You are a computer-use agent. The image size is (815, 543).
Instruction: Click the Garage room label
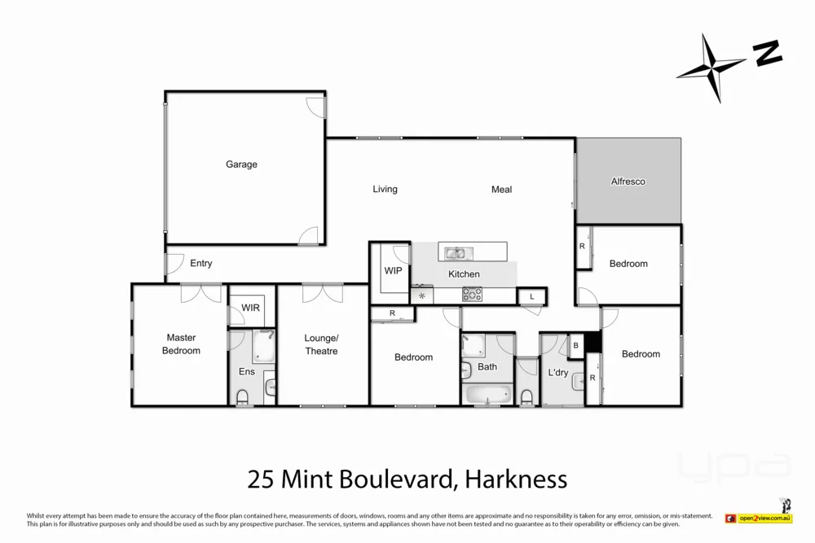tap(241, 164)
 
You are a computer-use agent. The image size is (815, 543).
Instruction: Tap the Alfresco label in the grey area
tap(628, 182)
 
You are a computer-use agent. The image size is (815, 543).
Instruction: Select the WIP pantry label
tap(393, 270)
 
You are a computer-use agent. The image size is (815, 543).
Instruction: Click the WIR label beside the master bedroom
tap(250, 309)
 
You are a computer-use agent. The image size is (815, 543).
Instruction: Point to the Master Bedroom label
tap(181, 344)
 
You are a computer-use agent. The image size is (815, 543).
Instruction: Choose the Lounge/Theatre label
tap(320, 344)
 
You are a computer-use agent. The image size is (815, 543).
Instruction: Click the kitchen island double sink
tap(455, 252)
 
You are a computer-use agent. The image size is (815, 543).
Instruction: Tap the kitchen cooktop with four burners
tap(472, 295)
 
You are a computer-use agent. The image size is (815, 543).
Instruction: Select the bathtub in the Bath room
tap(487, 396)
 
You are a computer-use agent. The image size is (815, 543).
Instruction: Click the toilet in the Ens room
tap(243, 397)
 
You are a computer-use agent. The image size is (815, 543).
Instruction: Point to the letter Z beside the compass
tap(767, 54)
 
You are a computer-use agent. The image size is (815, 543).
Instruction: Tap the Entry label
tap(201, 263)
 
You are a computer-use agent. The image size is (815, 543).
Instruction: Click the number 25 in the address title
tap(260, 480)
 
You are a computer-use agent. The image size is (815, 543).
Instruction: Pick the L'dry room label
tap(557, 373)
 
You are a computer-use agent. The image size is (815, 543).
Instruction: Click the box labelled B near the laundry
tap(576, 345)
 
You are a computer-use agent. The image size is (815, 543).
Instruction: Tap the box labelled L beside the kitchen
tap(531, 296)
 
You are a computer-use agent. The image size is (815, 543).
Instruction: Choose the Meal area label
tap(501, 190)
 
